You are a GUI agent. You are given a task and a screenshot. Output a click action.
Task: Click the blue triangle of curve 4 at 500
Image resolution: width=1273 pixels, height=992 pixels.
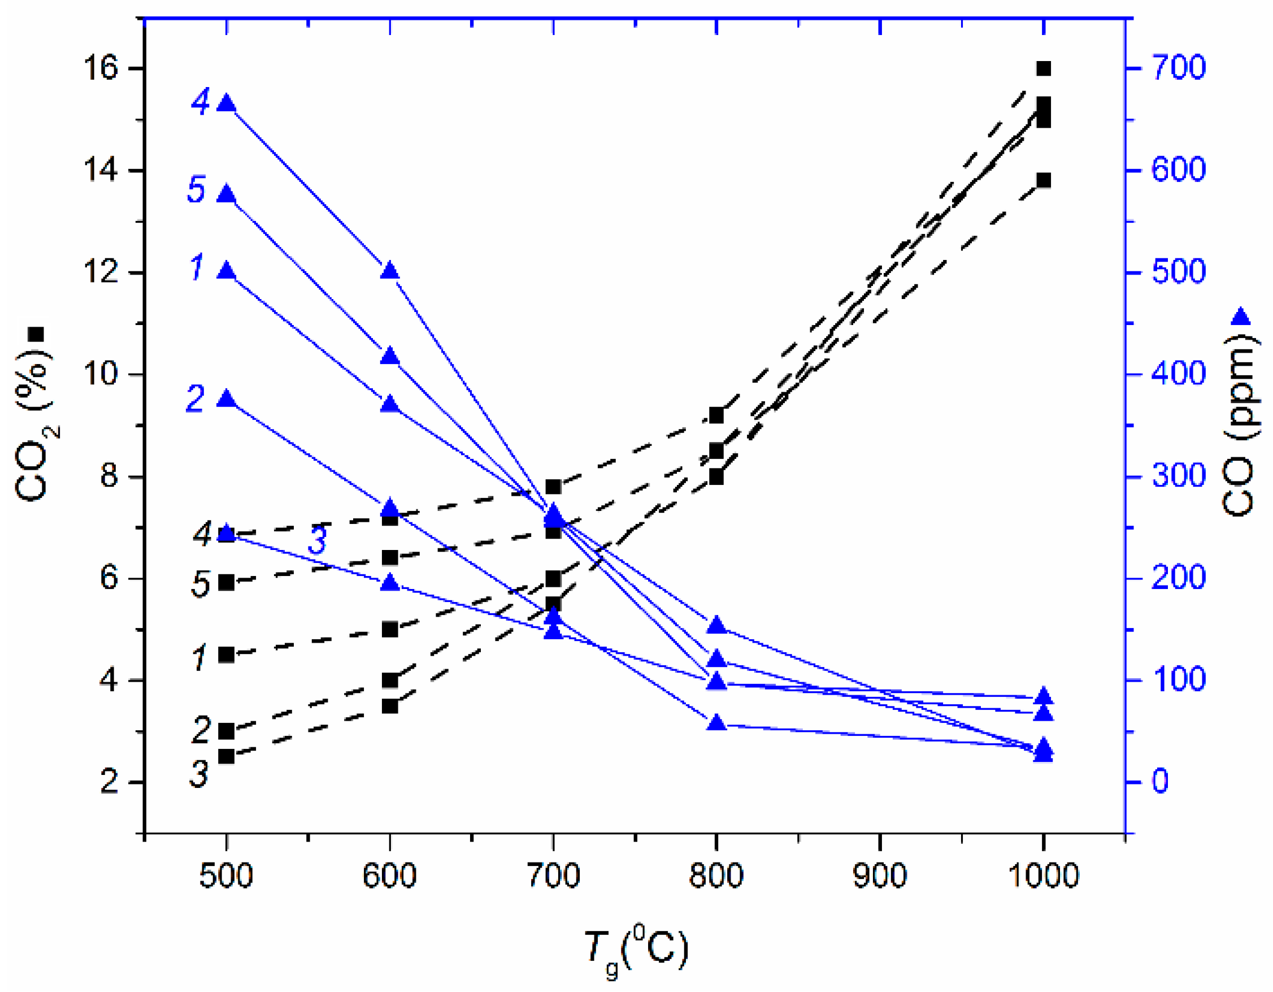coord(226,104)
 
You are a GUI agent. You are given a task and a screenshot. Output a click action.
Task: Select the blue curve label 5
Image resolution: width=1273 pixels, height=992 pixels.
coord(196,189)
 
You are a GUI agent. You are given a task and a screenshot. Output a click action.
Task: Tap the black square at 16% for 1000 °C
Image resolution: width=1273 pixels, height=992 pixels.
coord(1044,68)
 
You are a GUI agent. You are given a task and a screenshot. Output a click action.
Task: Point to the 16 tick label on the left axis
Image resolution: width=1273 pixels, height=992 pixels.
coord(100,69)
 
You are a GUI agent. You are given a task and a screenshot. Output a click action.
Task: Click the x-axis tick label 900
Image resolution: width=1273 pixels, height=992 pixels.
coord(880,876)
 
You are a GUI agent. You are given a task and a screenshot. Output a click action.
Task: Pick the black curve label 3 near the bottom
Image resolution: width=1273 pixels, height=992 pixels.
coord(199,774)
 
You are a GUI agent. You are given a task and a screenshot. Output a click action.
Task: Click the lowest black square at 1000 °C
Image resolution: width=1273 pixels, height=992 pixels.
coord(1044,180)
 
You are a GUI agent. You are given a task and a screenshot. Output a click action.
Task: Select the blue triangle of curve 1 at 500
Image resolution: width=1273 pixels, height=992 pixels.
coord(226,271)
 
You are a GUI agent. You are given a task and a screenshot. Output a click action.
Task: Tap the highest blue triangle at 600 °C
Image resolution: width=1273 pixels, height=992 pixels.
coord(390,271)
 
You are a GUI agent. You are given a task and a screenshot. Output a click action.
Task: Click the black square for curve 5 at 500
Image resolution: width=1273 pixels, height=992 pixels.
coord(226,582)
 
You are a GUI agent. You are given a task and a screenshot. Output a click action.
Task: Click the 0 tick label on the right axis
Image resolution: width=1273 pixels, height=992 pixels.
coord(1160,782)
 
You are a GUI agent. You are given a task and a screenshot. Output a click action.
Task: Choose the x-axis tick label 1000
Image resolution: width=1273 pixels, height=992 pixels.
coord(1044,876)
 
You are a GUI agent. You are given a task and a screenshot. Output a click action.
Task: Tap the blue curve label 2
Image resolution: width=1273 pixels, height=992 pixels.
coord(195,399)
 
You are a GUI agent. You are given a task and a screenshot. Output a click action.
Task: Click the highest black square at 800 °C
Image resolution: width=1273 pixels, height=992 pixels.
coord(716,416)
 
